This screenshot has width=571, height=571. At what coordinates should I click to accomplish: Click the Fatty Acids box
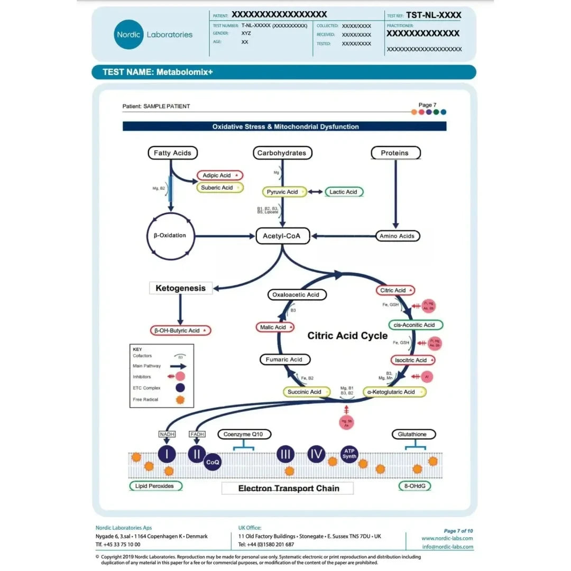pyautogui.click(x=172, y=153)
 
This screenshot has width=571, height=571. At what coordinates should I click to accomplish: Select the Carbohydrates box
pyautogui.click(x=281, y=153)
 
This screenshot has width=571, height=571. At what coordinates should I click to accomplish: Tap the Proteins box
pyautogui.click(x=395, y=153)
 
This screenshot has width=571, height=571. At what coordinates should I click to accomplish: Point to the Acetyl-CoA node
pyautogui.click(x=281, y=236)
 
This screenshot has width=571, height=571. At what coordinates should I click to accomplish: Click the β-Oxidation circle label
pyautogui.click(x=166, y=235)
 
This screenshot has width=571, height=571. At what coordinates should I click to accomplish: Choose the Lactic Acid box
pyautogui.click(x=344, y=192)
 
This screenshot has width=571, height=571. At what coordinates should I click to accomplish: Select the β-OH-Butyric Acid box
pyautogui.click(x=180, y=330)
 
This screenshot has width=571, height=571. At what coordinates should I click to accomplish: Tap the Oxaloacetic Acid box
pyautogui.click(x=296, y=294)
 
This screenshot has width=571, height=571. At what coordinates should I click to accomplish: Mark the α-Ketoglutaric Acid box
pyautogui.click(x=395, y=392)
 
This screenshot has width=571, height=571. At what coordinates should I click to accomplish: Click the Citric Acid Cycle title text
pyautogui.click(x=347, y=336)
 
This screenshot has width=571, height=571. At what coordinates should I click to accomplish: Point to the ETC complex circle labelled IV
pyautogui.click(x=316, y=454)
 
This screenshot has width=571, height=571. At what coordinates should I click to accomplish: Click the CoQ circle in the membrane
pyautogui.click(x=213, y=462)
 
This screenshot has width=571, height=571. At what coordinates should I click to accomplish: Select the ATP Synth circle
pyautogui.click(x=349, y=454)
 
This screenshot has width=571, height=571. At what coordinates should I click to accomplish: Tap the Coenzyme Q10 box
pyautogui.click(x=244, y=435)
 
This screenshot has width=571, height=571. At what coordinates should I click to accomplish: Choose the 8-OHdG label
pyautogui.click(x=415, y=486)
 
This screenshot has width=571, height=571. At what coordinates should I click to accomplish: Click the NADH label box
pyautogui.click(x=167, y=435)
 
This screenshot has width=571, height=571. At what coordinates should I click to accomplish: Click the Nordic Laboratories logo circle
pyautogui.click(x=128, y=34)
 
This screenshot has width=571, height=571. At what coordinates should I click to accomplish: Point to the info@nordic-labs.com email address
pyautogui.click(x=447, y=547)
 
